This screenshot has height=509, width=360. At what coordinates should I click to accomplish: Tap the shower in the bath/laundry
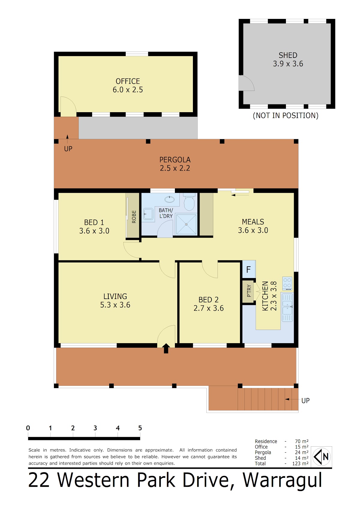(x=186, y=224)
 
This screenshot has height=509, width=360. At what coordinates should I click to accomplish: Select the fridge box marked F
(x=249, y=269)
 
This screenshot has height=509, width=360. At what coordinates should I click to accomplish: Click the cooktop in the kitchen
(x=287, y=283)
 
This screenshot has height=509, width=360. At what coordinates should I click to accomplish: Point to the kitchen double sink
(x=287, y=307)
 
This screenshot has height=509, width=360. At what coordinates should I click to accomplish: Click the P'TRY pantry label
(x=249, y=291)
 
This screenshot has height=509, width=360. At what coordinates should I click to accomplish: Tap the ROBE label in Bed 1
(x=134, y=217)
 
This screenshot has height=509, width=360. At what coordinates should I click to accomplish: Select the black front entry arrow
(x=166, y=348)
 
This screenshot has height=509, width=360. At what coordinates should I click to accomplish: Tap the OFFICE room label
(x=128, y=81)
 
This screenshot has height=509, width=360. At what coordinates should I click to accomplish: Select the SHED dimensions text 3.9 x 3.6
(x=288, y=64)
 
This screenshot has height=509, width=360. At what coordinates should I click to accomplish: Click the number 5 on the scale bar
(x=140, y=428)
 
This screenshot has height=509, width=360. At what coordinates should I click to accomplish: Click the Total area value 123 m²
(x=300, y=463)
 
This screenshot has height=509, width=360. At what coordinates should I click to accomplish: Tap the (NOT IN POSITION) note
(x=286, y=115)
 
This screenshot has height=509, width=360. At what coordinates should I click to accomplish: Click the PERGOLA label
(x=175, y=160)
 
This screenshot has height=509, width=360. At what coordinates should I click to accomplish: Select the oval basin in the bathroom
(x=169, y=199)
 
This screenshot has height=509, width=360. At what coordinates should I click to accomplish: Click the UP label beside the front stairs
(x=305, y=401)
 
